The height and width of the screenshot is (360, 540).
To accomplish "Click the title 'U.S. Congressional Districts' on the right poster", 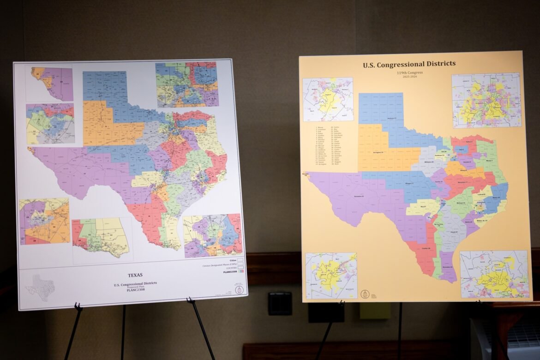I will click(x=409, y=64).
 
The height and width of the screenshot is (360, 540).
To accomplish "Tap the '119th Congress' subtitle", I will click(x=408, y=73).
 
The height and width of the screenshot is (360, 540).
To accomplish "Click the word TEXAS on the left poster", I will click(x=135, y=275).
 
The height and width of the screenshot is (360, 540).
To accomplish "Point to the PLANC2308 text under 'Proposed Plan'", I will click(x=135, y=290).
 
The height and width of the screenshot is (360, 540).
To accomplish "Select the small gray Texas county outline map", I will click(x=40, y=288).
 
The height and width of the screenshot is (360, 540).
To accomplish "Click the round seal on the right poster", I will click(x=367, y=294).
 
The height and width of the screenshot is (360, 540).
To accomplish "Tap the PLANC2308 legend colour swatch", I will click(x=241, y=272).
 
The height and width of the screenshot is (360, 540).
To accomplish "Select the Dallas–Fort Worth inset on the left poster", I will click(x=186, y=84).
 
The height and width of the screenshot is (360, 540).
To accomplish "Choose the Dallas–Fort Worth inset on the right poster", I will click(x=486, y=100).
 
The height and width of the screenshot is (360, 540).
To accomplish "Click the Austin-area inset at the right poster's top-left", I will click(x=328, y=99).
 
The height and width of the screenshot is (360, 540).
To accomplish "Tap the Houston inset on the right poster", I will click(x=494, y=274).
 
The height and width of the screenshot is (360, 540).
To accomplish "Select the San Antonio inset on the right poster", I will click(x=331, y=275).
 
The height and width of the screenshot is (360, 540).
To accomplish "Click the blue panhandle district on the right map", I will click(x=381, y=108).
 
